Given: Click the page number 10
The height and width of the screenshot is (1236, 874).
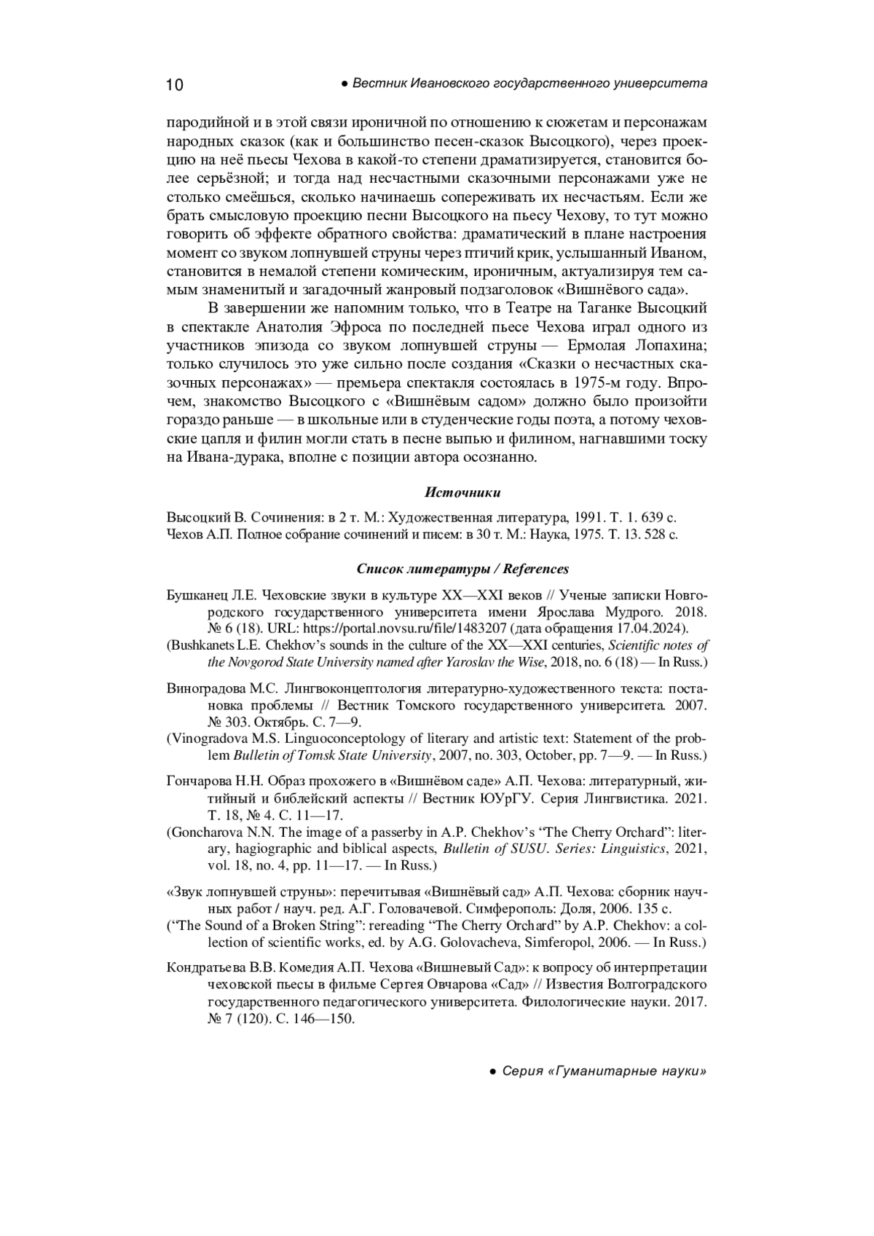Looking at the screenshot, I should [175, 85].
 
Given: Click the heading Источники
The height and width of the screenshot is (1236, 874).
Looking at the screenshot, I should [462, 493].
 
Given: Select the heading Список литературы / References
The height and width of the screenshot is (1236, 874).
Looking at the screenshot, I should [462, 569].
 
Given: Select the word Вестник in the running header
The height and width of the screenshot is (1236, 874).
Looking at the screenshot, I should [379, 84].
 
